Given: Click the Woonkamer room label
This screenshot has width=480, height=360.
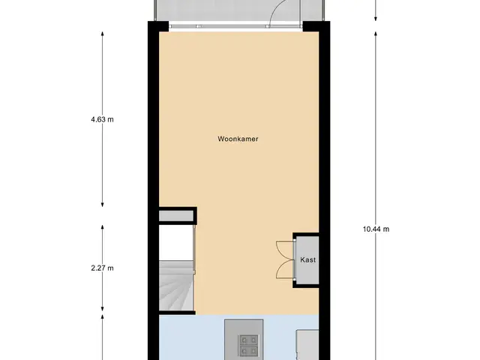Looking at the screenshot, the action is coord(238,139).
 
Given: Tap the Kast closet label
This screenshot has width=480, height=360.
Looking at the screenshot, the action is coord(308,260).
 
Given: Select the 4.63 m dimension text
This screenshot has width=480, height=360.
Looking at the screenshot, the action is coord(102,119).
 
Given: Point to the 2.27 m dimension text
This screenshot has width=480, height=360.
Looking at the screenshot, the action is coord(102,268).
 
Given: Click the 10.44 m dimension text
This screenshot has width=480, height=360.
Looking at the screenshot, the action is coord(376,229).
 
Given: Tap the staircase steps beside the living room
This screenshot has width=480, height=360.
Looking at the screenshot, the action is coord(176,286).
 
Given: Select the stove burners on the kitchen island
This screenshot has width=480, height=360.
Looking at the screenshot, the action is coord(248,345).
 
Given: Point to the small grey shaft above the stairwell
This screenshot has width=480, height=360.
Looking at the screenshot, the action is coord(176,216).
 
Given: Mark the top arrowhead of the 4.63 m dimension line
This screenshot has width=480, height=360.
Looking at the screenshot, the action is coord(102,34).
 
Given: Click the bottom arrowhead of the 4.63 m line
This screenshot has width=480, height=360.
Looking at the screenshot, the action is coord(102,204).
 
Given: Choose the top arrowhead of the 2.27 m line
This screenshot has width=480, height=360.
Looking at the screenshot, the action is coord(102,228).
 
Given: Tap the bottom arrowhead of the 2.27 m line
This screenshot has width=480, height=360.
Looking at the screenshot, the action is coord(102,308).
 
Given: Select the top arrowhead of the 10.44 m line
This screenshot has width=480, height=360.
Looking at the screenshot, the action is coord(376,34).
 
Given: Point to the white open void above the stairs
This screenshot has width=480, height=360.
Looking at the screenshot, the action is coord(176,243).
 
